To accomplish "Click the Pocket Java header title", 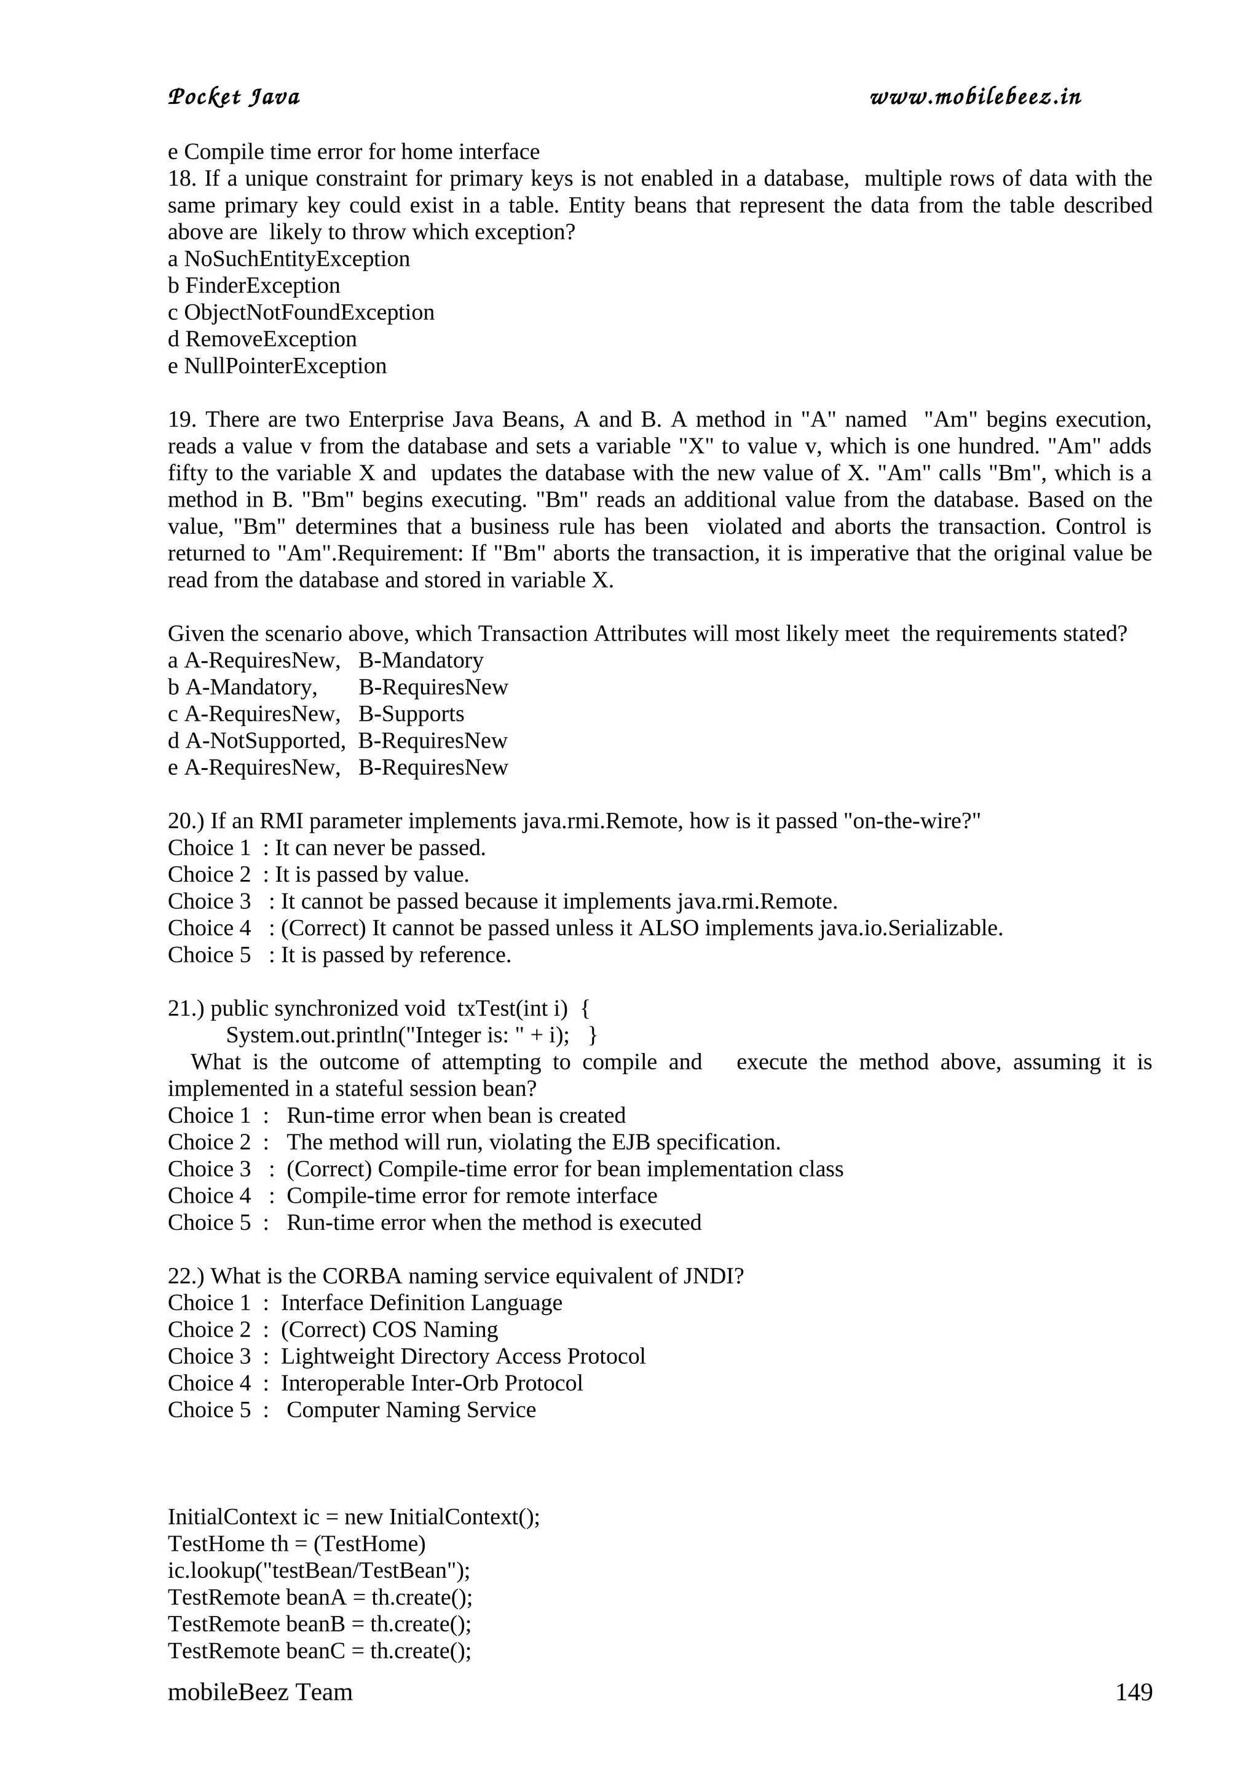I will [x=234, y=98].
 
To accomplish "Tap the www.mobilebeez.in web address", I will [x=975, y=98].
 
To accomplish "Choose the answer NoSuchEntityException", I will [x=296, y=259].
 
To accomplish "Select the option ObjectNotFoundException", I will [x=309, y=313].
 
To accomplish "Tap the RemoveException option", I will [x=270, y=339].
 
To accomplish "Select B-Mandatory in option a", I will [x=420, y=660].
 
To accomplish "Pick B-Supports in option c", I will [x=411, y=714].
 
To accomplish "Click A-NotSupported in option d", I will [x=264, y=741].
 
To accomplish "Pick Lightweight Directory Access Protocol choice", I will [x=462, y=1356].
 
